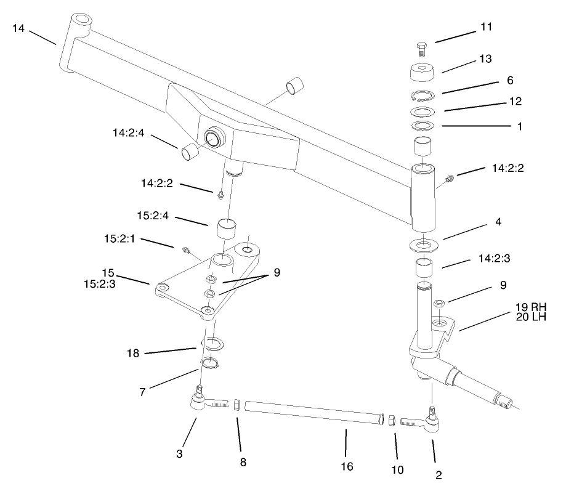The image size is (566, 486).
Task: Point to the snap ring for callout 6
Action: (422, 96)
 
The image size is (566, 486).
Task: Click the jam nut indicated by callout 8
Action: (236, 405)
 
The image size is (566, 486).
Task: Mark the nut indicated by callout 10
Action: (390, 420)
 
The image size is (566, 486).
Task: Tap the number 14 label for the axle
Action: (19, 28)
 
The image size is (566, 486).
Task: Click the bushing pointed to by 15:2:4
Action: (227, 230)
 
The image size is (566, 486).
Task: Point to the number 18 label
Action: (134, 353)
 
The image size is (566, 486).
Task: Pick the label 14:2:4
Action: (129, 132)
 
